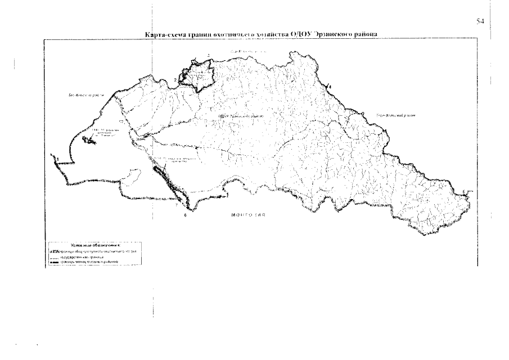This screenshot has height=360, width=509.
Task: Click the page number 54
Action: (x=480, y=21)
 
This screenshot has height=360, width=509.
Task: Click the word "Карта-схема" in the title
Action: (x=164, y=35)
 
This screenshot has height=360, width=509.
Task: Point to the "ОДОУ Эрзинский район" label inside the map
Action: (x=240, y=116)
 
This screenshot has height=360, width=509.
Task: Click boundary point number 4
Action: (x=330, y=86)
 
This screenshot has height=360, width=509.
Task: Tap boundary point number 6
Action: (x=185, y=214)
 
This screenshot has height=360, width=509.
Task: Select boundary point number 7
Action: (x=176, y=206)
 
